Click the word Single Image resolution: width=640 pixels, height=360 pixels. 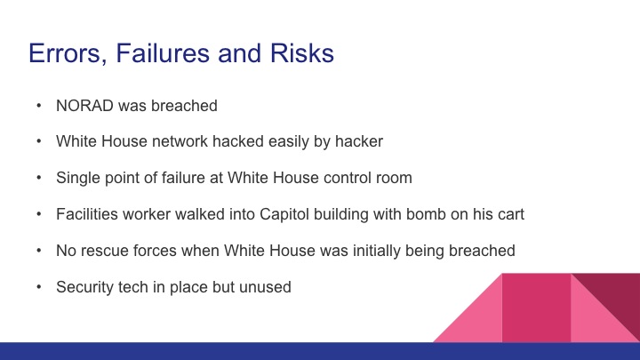point(76,178)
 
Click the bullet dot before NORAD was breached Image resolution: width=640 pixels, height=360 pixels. point(38,106)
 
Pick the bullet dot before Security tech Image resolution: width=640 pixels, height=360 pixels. point(38,287)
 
